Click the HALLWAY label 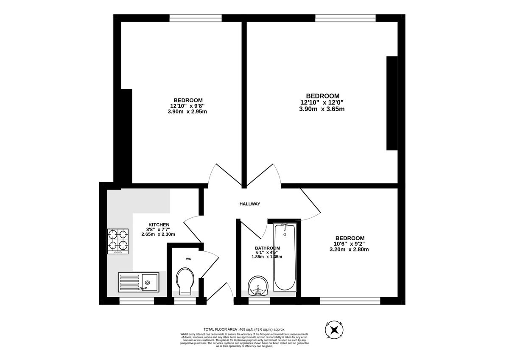click(x=249, y=204)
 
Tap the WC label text click(x=188, y=258)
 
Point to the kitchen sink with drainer click(x=138, y=282)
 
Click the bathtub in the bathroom click(x=284, y=257)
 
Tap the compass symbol click(x=335, y=329)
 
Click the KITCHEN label click(x=159, y=225)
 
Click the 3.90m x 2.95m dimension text click(x=187, y=112)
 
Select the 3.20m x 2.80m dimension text click(x=349, y=249)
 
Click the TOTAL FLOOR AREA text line click(x=244, y=329)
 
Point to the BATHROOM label click(x=267, y=248)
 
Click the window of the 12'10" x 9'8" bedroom click(x=196, y=18)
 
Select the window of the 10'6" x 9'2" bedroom click(x=350, y=301)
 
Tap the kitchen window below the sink click(x=137, y=301)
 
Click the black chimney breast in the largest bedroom click(x=392, y=103)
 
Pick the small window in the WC click(x=185, y=301)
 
